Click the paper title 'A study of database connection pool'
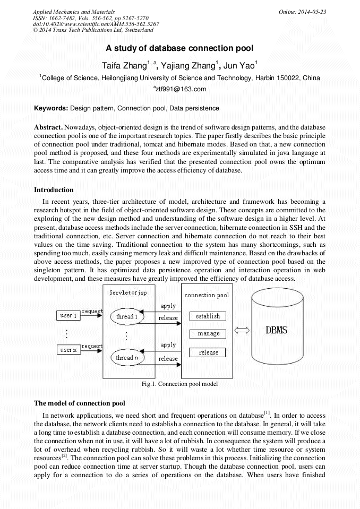pyautogui.click(x=179, y=48)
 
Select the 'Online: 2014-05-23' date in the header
pyautogui.click(x=301, y=11)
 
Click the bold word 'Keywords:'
pyautogui.click(x=51, y=108)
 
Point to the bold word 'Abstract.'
pyautogui.click(x=48, y=128)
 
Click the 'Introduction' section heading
pyautogui.click(x=54, y=189)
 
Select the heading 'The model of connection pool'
pyautogui.click(x=79, y=403)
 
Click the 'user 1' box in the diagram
pyautogui.click(x=68, y=316)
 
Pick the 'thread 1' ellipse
pyautogui.click(x=127, y=317)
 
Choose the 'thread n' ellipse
pyautogui.click(x=127, y=358)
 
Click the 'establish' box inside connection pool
pyautogui.click(x=208, y=316)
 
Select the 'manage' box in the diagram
pyautogui.click(x=208, y=334)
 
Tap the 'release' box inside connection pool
pyautogui.click(x=208, y=352)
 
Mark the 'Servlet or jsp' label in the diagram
pyautogui.click(x=128, y=293)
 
